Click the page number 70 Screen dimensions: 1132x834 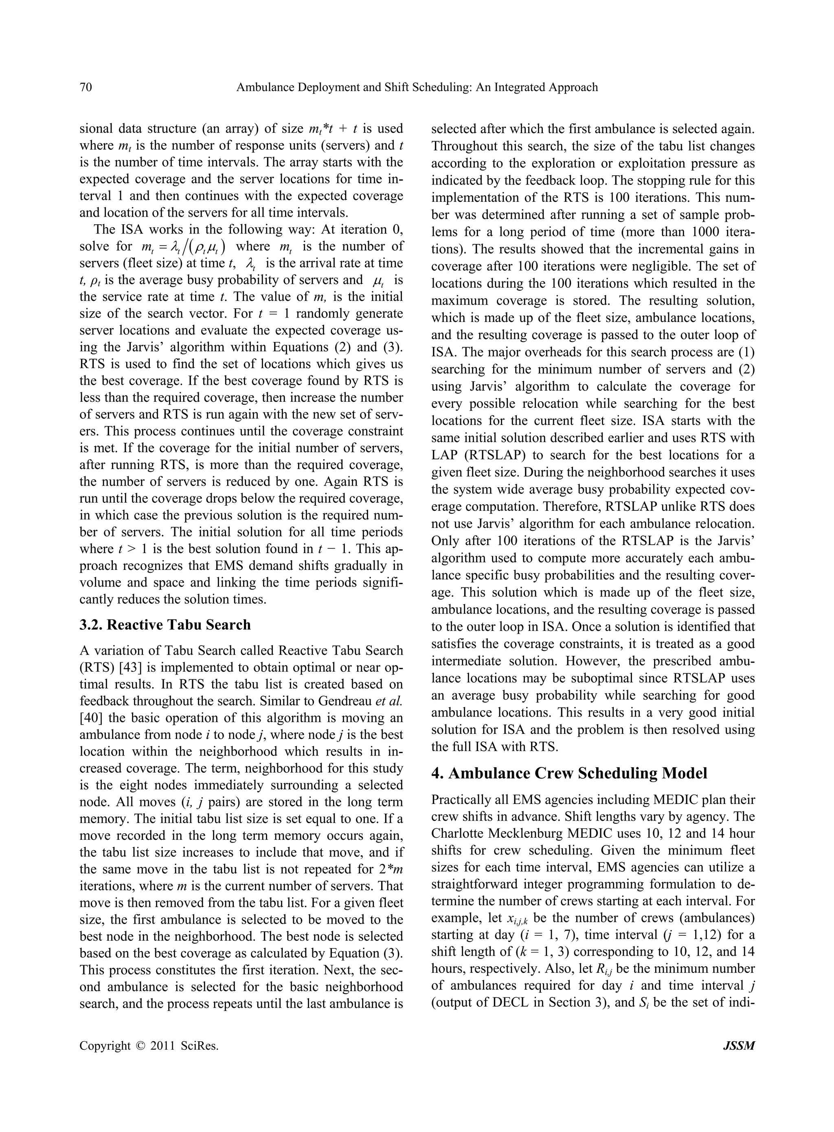[86, 87]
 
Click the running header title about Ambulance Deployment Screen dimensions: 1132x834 [417, 87]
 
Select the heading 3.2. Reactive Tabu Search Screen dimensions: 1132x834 [165, 625]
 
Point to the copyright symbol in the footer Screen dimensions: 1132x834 [140, 1046]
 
